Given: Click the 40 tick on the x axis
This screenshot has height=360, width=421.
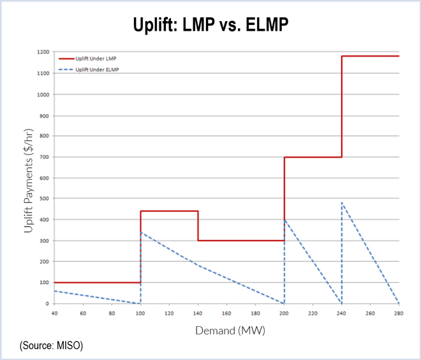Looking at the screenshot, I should click(x=54, y=313).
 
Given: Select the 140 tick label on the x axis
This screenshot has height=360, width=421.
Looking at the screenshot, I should click(x=198, y=313).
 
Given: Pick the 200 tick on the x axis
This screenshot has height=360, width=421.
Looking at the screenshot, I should click(x=284, y=313).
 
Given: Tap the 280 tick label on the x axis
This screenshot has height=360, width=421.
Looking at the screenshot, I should click(x=399, y=313).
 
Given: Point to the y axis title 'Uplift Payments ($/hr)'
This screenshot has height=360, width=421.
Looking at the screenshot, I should click(x=28, y=178).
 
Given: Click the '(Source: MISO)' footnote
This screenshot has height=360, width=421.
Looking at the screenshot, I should click(x=52, y=345).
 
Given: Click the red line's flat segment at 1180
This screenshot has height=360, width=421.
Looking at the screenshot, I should click(x=370, y=56).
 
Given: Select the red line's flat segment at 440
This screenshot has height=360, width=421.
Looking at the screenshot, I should click(x=169, y=211).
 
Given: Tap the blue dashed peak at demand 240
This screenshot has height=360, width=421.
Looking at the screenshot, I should click(x=342, y=203).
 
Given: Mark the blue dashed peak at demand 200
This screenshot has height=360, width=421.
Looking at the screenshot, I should click(x=284, y=220).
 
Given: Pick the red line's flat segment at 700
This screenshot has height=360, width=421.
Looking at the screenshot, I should click(x=313, y=157).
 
